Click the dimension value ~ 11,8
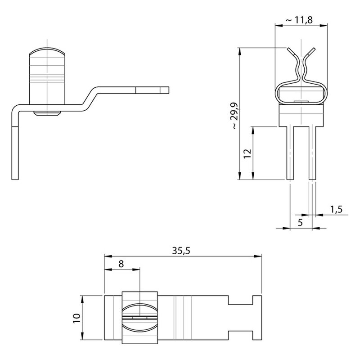pyautogui.click(x=299, y=20)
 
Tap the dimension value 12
pyautogui.click(x=247, y=153)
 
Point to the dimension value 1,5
pyautogui.click(x=336, y=209)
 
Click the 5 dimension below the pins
pyautogui.click(x=301, y=222)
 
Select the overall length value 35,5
pyautogui.click(x=181, y=251)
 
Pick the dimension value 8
pyautogui.click(x=121, y=264)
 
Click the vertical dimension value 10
pyautogui.click(x=77, y=318)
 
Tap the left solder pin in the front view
pyautogui.click(x=290, y=153)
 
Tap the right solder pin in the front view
pyautogui.click(x=312, y=153)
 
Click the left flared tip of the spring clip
pyautogui.click(x=290, y=51)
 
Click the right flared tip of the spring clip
pyautogui.click(x=312, y=51)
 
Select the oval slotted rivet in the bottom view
pyautogui.click(x=139, y=318)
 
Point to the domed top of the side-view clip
pyautogui.click(x=47, y=51)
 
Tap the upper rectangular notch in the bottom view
pyautogui.click(x=240, y=300)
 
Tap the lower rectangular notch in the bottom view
pyautogui.click(x=240, y=335)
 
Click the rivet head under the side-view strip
pyautogui.click(x=47, y=114)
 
